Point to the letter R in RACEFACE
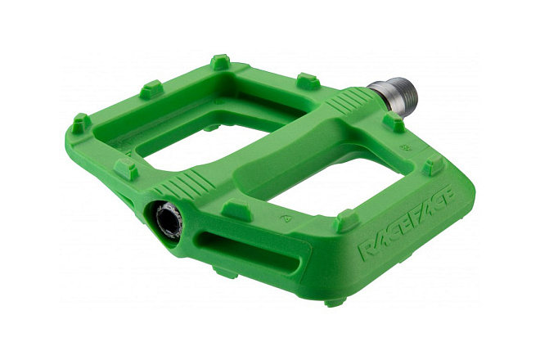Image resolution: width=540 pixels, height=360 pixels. [367, 249]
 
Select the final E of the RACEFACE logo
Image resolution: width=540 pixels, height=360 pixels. [448, 196]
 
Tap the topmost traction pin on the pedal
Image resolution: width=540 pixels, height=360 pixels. [220, 61]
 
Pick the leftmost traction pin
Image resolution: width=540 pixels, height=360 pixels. [82, 123]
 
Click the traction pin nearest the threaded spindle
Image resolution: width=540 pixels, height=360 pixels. [394, 121]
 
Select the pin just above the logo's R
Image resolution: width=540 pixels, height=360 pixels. [349, 220]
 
